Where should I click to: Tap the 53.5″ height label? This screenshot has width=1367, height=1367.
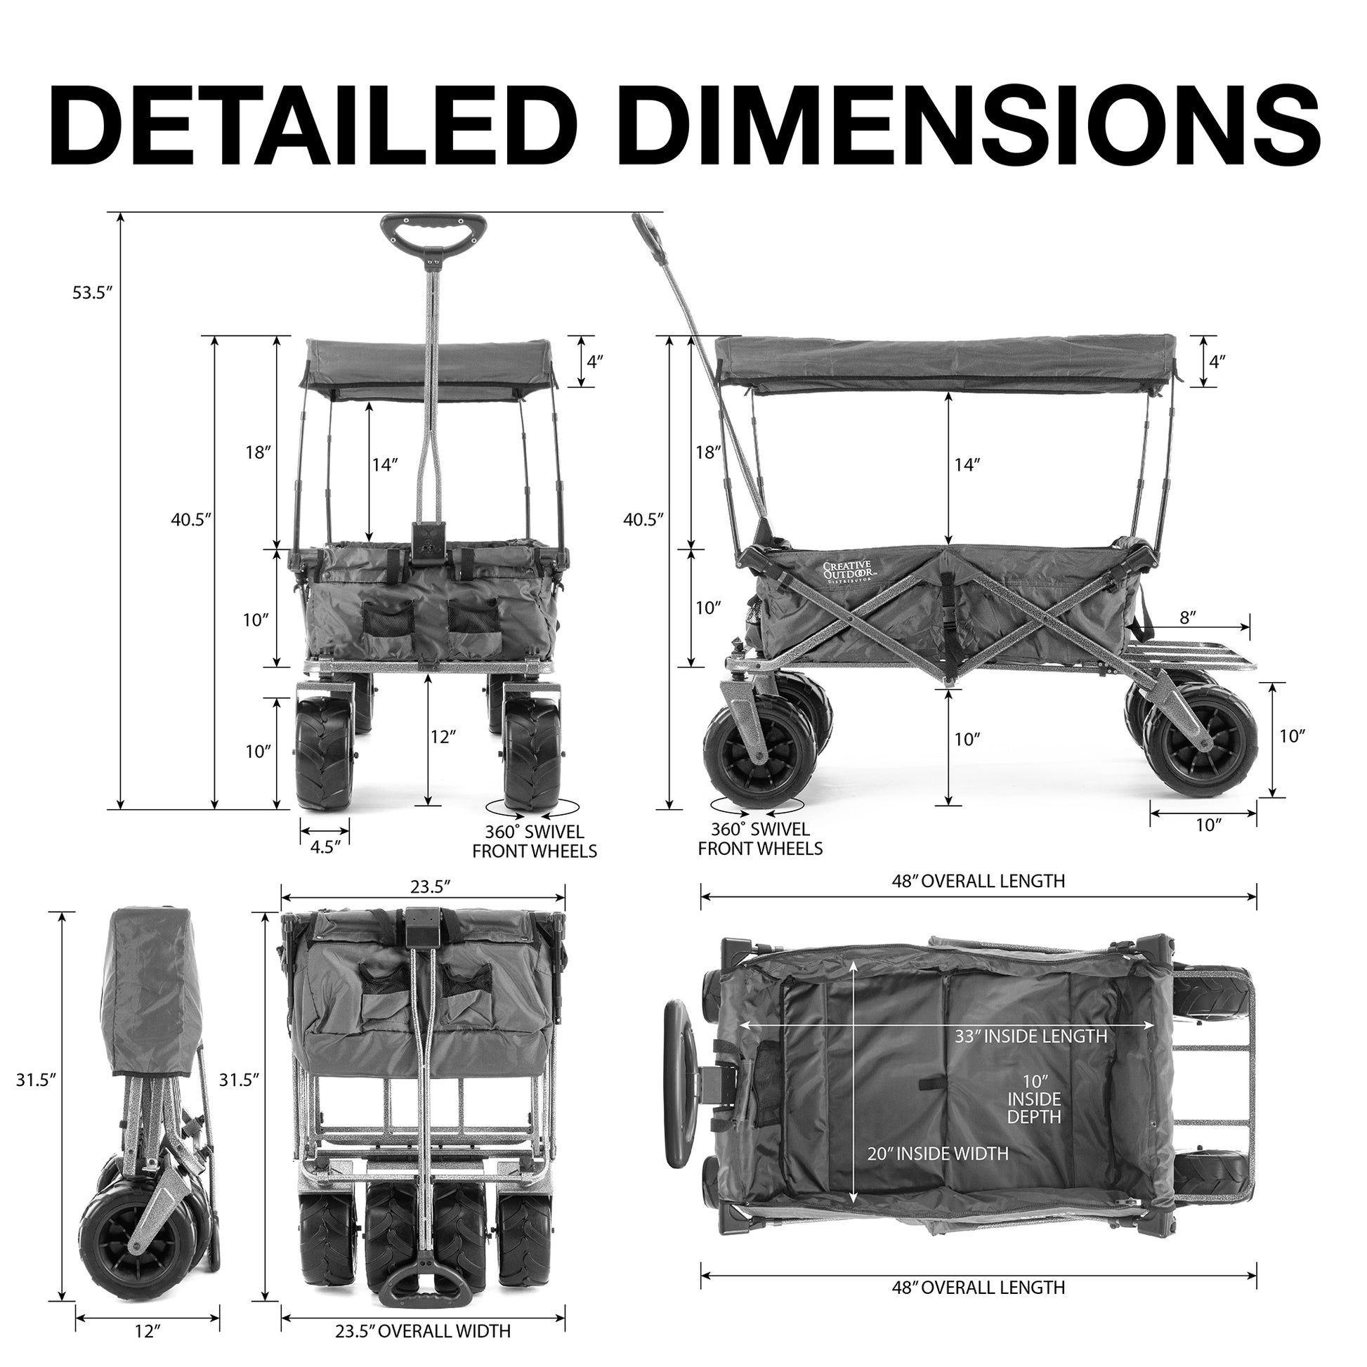coord(93,293)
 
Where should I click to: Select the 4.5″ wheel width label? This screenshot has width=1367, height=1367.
coord(324,848)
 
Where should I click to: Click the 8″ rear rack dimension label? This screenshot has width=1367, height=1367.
coord(1189,617)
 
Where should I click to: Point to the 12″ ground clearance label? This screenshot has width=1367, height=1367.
coord(444,737)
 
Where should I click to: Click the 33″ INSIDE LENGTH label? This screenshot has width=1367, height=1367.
coord(1031,1037)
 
